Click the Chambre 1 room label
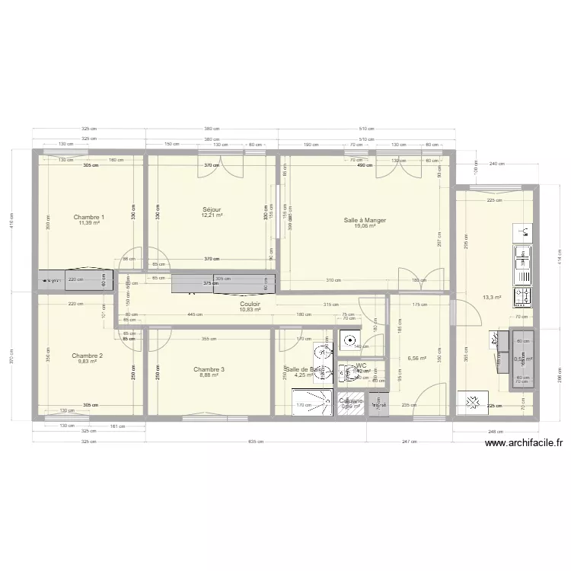pyautogui.click(x=89, y=217)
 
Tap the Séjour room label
pyautogui.click(x=212, y=209)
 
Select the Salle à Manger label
pyautogui.click(x=365, y=220)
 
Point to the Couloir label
pyautogui.click(x=250, y=303)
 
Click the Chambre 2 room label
pyautogui.click(x=88, y=356)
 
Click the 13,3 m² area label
pyautogui.click(x=492, y=298)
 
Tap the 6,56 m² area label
pyautogui.click(x=417, y=358)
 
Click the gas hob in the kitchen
pyautogui.click(x=523, y=294)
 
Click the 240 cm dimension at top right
pyautogui.click(x=497, y=164)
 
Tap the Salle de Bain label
pyautogui.click(x=300, y=369)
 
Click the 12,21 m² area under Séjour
pyautogui.click(x=212, y=215)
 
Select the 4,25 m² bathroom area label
pyautogui.click(x=304, y=375)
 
